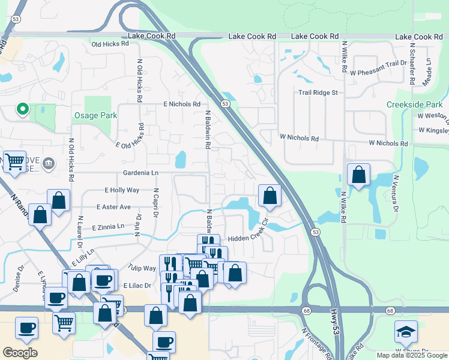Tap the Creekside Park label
[415, 104]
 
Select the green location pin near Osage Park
[22, 109]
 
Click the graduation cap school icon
[406, 332]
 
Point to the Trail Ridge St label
[319, 92]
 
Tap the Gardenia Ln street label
[140, 173]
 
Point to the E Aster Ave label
[113, 207]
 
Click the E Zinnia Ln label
[108, 227]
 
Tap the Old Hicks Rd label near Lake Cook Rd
[110, 44]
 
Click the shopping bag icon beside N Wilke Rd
[358, 175]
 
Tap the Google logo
[20, 352]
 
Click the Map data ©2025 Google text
[411, 355]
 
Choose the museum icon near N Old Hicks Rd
[49, 163]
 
